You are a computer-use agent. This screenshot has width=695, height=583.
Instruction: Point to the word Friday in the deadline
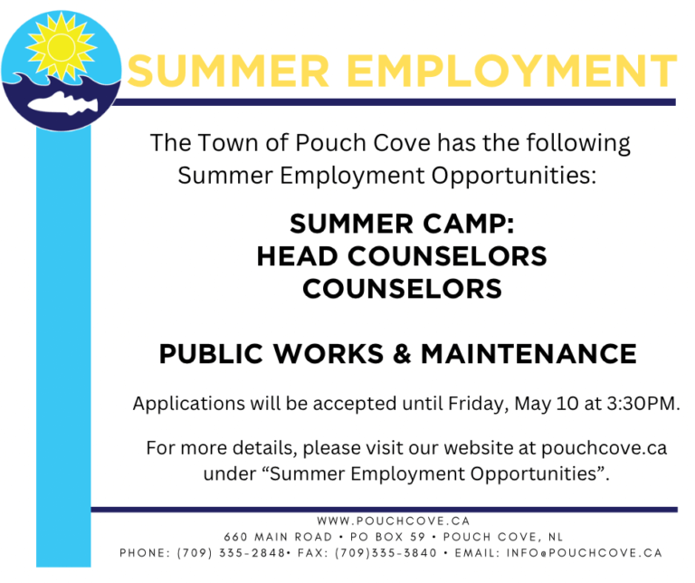479,403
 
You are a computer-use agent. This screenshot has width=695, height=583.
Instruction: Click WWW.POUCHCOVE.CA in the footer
394,521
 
